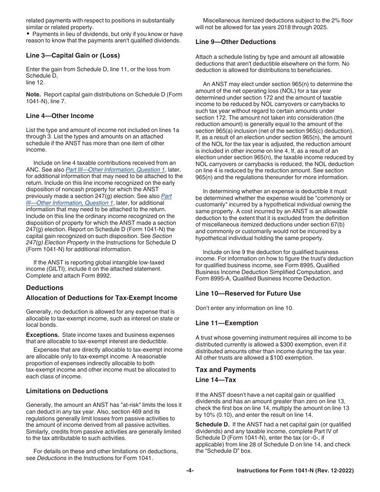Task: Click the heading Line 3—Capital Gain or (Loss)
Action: [x=73, y=56]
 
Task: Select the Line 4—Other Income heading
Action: [x=60, y=116]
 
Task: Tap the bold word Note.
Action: [x=33, y=95]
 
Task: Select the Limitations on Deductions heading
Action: [x=67, y=391]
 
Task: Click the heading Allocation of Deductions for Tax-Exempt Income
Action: [x=102, y=298]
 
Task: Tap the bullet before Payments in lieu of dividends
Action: [x=28, y=34]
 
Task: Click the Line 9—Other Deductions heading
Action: [x=236, y=42]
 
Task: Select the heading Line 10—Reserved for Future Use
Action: [x=248, y=294]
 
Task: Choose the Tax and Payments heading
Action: [x=226, y=370]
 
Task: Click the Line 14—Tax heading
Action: [x=216, y=380]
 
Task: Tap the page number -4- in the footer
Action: [x=190, y=471]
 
